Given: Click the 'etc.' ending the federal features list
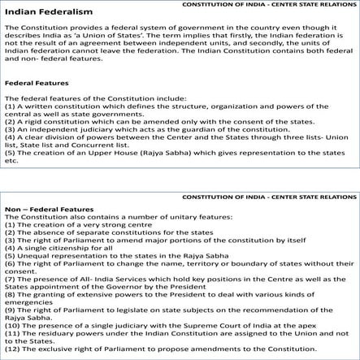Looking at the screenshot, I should pos(11,161).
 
